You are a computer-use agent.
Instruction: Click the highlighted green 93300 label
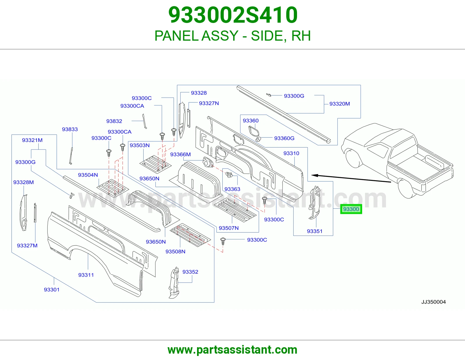[x=351, y=209]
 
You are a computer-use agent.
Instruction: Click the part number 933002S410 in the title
[x=233, y=15]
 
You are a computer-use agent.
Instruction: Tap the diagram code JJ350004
[x=433, y=302]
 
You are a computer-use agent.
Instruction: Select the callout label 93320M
[x=339, y=104]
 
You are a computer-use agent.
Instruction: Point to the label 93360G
[x=284, y=138]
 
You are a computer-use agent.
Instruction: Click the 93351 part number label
[x=314, y=231]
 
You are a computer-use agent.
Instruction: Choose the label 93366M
[x=180, y=154]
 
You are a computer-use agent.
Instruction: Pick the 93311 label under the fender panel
[x=86, y=275]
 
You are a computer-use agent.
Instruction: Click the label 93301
[x=51, y=289]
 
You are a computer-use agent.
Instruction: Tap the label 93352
[x=190, y=272]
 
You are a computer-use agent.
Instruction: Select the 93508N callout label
[x=175, y=251]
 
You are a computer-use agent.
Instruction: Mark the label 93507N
[x=228, y=228]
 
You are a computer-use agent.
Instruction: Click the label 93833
[x=70, y=129]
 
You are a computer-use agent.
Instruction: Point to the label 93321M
[x=32, y=140]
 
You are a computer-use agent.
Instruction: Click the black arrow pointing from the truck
[x=351, y=179]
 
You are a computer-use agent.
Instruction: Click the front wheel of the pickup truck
[x=355, y=158]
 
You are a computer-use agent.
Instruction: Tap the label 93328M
[x=24, y=182]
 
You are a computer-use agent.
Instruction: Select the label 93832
[x=114, y=121]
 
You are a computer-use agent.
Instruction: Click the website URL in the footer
[x=233, y=350]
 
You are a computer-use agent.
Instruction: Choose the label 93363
[x=232, y=189]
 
